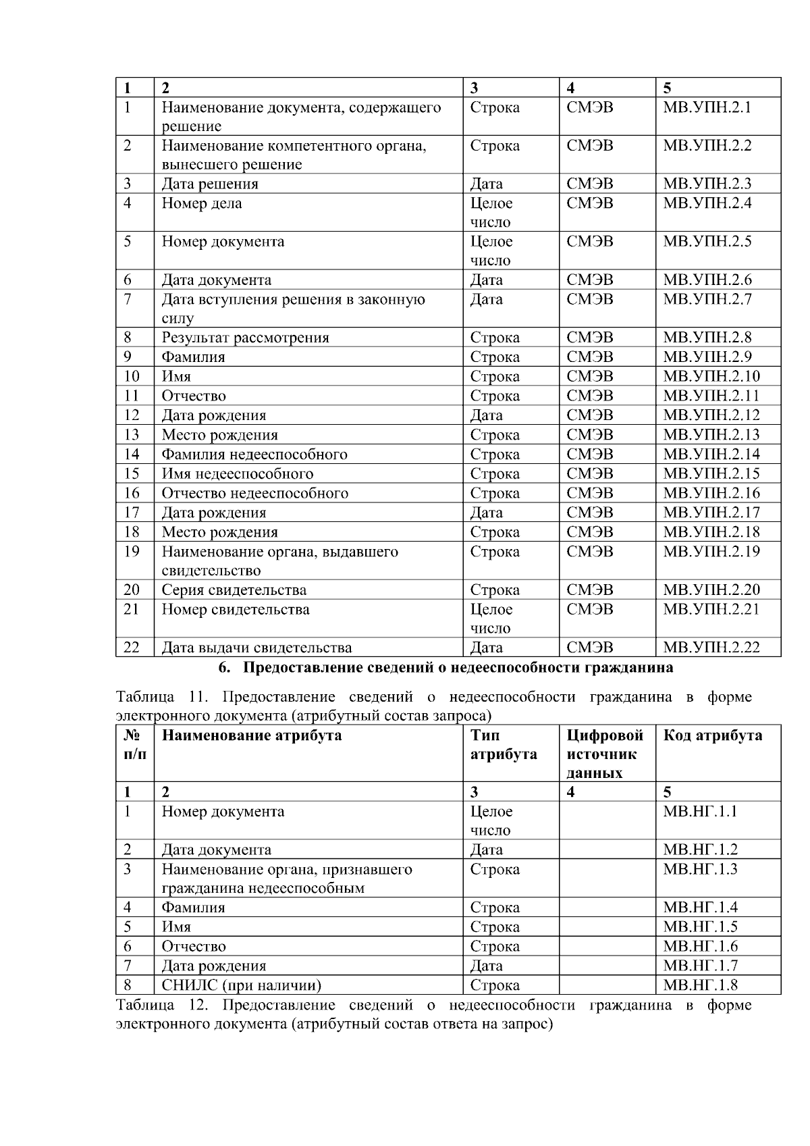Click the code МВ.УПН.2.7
(707, 299)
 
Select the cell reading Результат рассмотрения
(245, 338)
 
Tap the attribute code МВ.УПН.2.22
(711, 648)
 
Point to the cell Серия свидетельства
(234, 590)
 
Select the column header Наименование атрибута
(251, 735)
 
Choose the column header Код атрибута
(713, 735)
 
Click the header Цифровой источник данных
(605, 754)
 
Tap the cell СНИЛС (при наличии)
(241, 985)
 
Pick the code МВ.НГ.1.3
(700, 869)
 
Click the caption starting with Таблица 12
(433, 1014)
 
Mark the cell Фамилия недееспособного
(254, 454)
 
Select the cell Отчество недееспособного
(254, 494)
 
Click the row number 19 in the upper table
(132, 552)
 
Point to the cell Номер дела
(201, 203)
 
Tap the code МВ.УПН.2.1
(707, 107)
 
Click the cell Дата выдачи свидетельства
(256, 648)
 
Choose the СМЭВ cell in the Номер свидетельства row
(590, 610)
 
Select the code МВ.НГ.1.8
(700, 985)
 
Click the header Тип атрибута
(503, 745)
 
